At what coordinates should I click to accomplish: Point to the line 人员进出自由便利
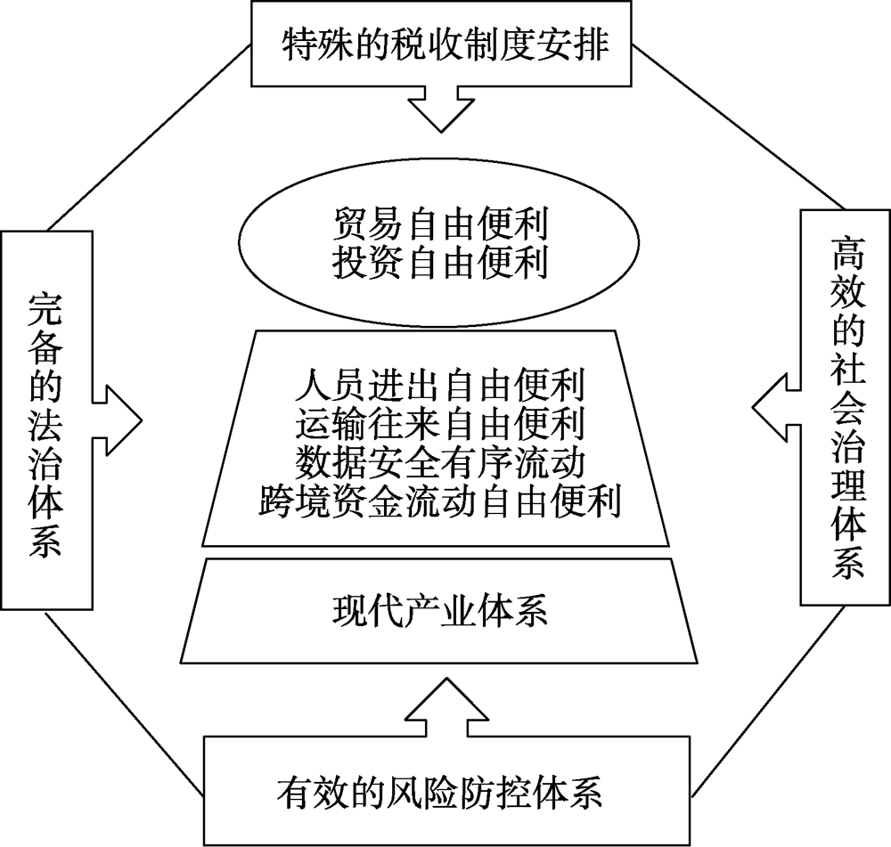tap(439, 388)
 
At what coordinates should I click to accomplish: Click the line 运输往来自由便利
tap(439, 426)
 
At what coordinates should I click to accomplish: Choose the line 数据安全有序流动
tap(439, 463)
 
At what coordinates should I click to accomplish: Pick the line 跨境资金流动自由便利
tap(439, 501)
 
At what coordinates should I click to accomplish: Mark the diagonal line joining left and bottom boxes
tap(120, 700)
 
